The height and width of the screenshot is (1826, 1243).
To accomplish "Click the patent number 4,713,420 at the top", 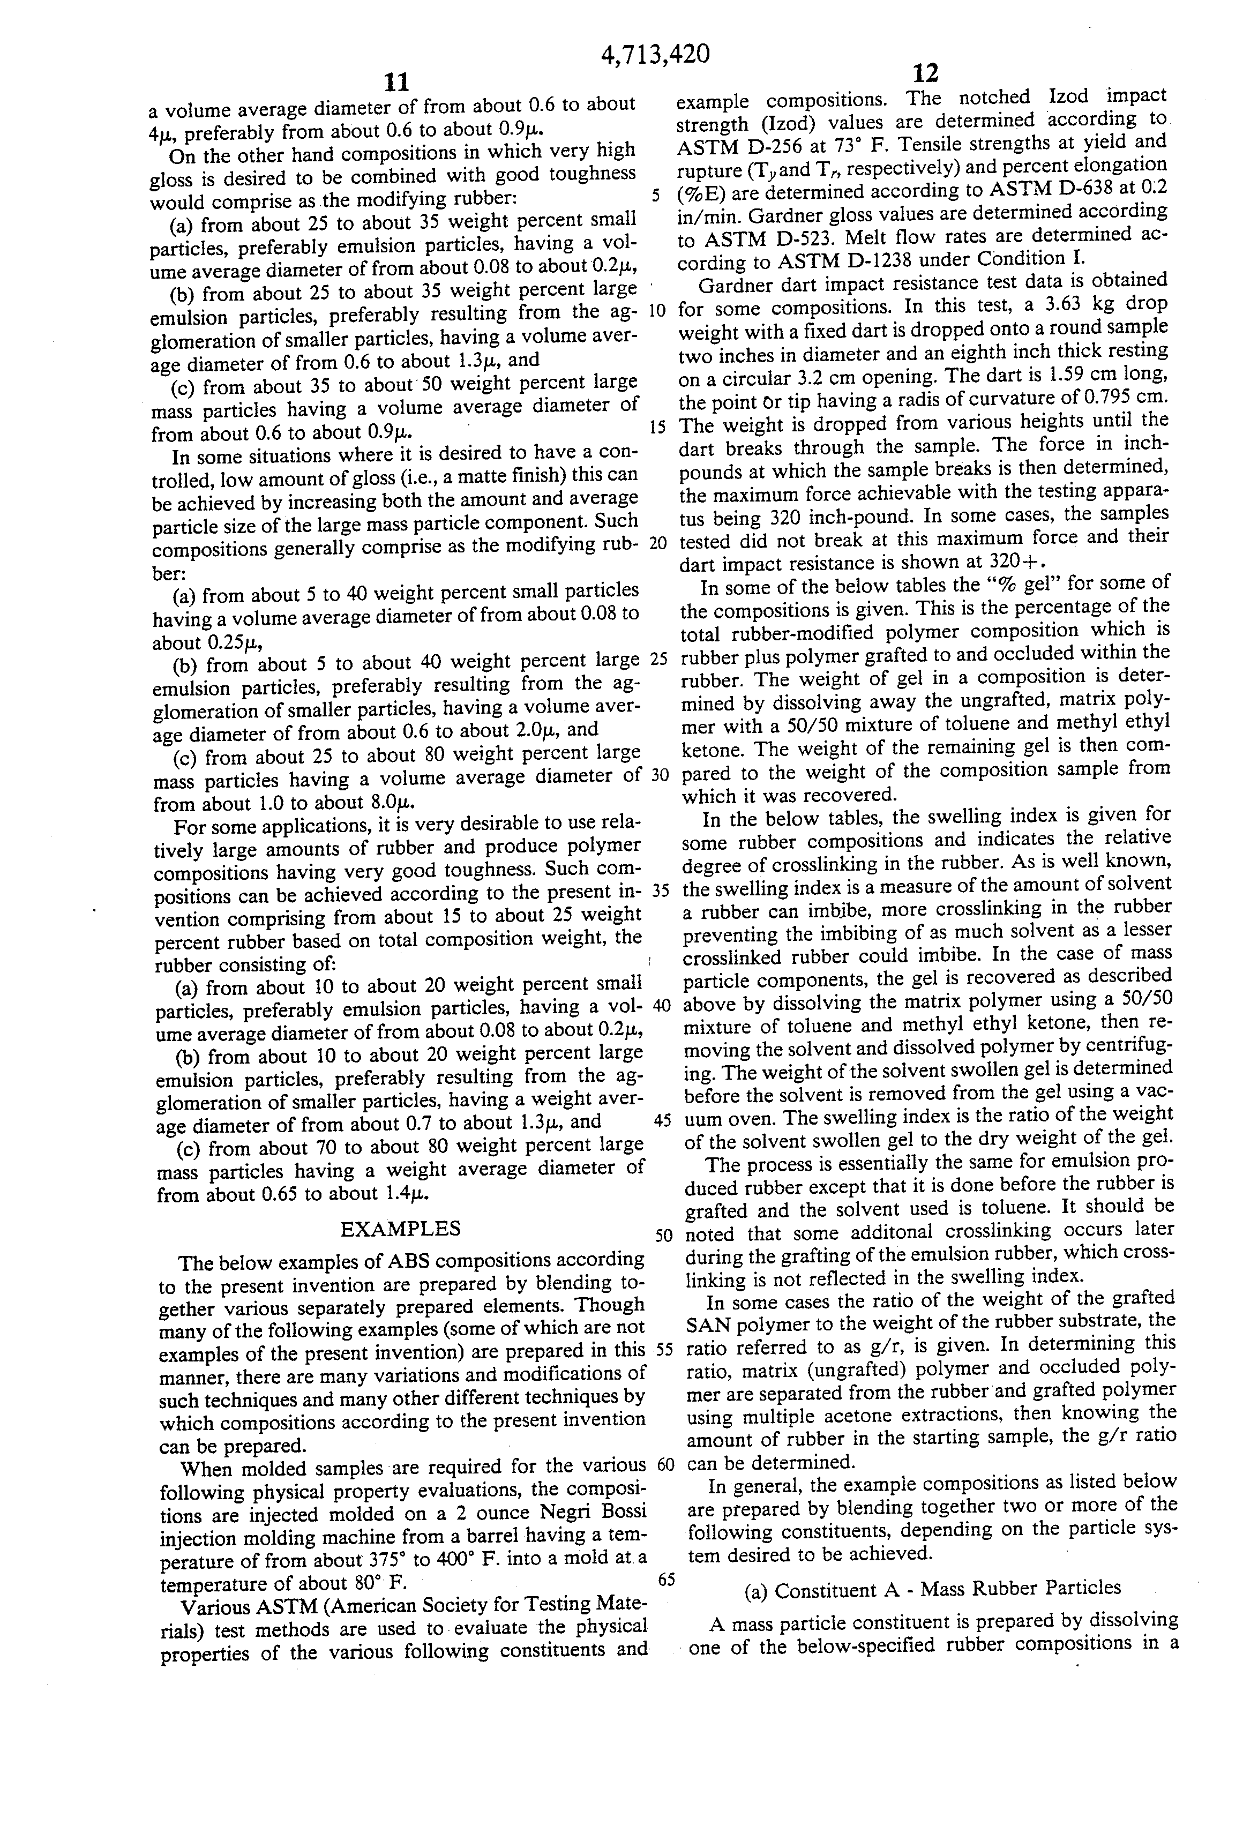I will pyautogui.click(x=655, y=54).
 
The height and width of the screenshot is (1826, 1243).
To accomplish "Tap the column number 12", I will pyautogui.click(x=926, y=73).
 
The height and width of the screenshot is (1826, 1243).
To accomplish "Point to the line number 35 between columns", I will pyautogui.click(x=661, y=891).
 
